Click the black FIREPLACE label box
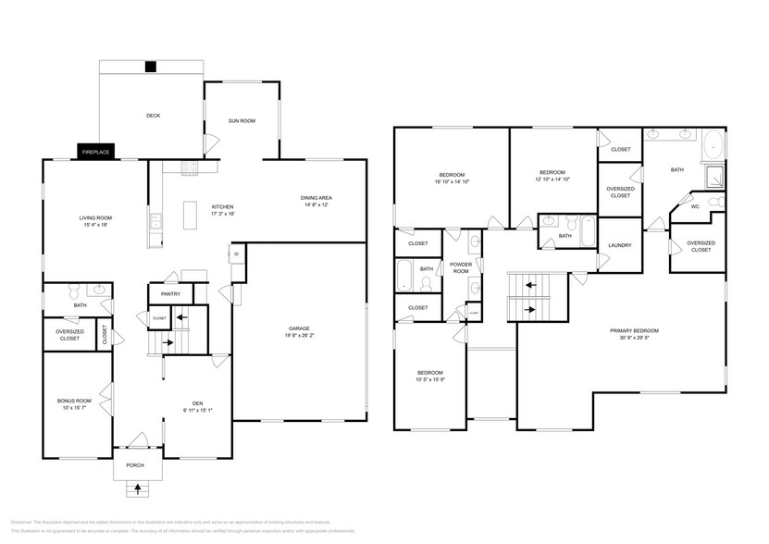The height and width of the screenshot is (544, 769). [95, 152]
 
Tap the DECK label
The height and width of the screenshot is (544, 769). [153, 116]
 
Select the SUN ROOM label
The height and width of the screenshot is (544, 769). [242, 121]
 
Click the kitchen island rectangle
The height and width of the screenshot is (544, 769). [192, 214]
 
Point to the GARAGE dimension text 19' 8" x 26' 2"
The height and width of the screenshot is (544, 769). [299, 336]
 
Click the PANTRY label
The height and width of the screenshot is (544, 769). [170, 293]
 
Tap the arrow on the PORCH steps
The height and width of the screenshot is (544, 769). [139, 488]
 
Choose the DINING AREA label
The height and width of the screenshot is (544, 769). [316, 198]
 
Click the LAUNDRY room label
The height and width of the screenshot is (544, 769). [619, 245]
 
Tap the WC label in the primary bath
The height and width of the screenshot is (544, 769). [694, 206]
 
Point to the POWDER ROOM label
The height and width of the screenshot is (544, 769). [461, 267]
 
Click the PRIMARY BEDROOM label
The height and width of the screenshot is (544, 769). [634, 330]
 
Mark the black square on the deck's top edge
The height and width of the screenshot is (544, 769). [150, 66]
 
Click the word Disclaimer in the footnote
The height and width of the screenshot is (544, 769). [21, 523]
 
